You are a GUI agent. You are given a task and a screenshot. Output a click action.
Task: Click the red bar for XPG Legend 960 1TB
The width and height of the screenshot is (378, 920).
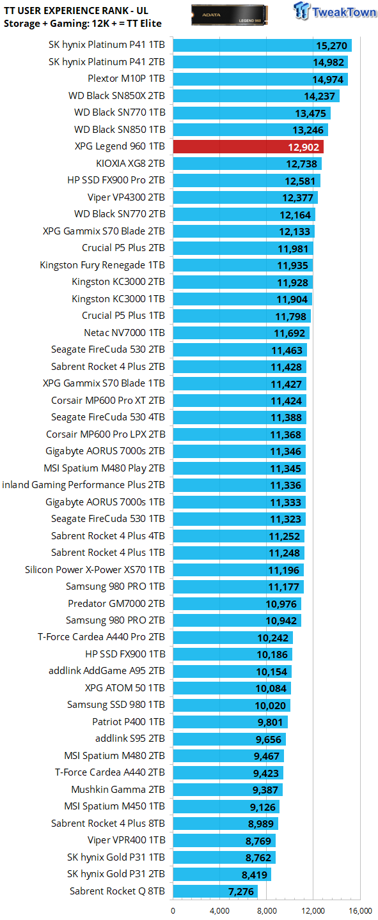pyautogui.click(x=248, y=147)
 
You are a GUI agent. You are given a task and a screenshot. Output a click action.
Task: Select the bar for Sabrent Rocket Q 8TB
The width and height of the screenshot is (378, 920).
pyautogui.click(x=215, y=891)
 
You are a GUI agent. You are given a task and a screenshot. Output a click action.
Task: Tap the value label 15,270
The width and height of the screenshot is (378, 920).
pyautogui.click(x=331, y=45)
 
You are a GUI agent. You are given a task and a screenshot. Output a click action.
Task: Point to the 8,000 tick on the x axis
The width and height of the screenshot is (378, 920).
pyautogui.click(x=266, y=911)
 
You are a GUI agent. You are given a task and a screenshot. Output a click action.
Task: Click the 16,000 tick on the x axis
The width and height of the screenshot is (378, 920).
pyautogui.click(x=360, y=911)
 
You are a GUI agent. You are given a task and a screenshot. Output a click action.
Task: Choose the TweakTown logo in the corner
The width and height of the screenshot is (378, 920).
pyautogui.click(x=335, y=11)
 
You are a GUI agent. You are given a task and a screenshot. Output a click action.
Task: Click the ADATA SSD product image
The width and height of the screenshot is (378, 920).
pyautogui.click(x=230, y=15)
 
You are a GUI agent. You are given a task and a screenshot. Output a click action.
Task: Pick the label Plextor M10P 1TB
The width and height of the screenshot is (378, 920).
pyautogui.click(x=126, y=79)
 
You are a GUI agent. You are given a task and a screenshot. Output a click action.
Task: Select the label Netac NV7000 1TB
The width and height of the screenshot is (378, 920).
pyautogui.click(x=124, y=333)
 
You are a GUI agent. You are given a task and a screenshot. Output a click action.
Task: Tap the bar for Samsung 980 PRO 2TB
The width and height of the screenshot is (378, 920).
pyautogui.click(x=237, y=620)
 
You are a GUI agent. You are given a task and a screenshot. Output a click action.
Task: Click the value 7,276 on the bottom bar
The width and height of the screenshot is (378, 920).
pyautogui.click(x=241, y=892)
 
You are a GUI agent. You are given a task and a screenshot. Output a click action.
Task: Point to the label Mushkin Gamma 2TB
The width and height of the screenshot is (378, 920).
pyautogui.click(x=118, y=790)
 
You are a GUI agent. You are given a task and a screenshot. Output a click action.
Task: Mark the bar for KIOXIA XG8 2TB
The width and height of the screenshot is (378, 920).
pyautogui.click(x=247, y=164)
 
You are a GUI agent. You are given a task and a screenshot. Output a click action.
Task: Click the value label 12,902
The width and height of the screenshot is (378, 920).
pyautogui.click(x=304, y=148)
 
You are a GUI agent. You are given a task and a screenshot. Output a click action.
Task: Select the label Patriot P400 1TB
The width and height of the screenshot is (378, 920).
pyautogui.click(x=129, y=722)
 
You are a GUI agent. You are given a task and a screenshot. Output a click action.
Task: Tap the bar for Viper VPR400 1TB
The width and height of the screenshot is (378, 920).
pyautogui.click(x=224, y=840)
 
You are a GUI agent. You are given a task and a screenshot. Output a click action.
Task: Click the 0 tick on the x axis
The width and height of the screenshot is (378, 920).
pyautogui.click(x=173, y=911)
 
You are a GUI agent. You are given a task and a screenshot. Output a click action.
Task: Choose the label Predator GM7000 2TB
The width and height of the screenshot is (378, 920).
pyautogui.click(x=116, y=604)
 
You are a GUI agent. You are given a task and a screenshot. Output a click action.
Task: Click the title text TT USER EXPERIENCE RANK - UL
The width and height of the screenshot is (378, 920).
pyautogui.click(x=76, y=11)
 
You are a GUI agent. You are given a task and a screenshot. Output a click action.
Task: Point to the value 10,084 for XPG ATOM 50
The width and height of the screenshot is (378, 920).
pyautogui.click(x=271, y=688)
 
